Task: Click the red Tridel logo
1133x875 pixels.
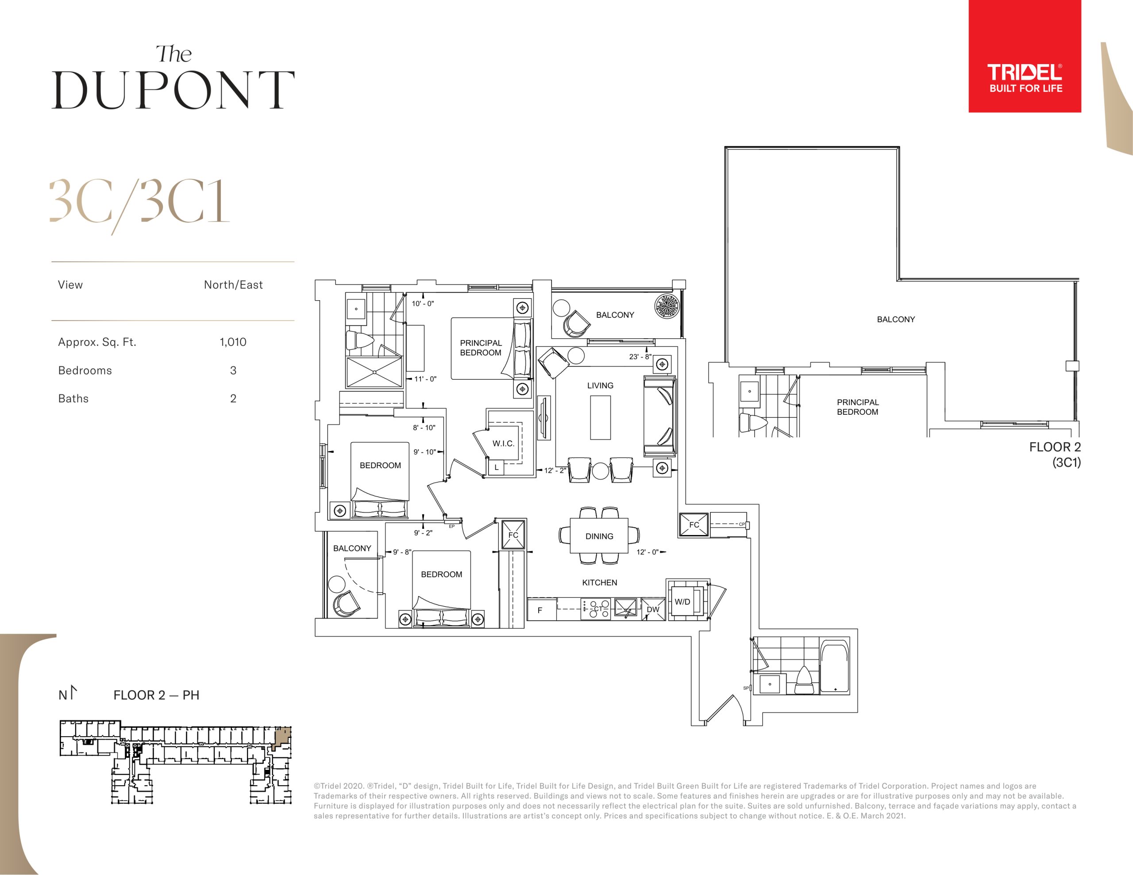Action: tap(1025, 56)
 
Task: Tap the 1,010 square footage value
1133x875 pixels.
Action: tap(233, 342)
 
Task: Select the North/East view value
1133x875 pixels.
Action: tap(233, 285)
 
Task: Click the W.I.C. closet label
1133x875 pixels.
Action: tap(503, 444)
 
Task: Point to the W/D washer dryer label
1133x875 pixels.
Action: tap(682, 602)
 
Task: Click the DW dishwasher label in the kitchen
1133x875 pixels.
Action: tap(653, 610)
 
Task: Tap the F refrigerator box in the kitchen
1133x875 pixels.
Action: tap(542, 610)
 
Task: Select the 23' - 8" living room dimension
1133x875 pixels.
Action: tap(640, 357)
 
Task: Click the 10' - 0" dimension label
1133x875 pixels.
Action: tap(422, 304)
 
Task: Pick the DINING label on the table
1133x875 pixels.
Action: tap(599, 536)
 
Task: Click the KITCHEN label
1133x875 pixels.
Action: tap(599, 583)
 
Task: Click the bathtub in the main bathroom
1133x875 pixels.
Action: tap(835, 667)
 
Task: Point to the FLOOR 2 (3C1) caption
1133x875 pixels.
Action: tap(1055, 455)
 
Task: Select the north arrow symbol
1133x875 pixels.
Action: tap(73, 692)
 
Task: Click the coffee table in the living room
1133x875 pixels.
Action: tap(600, 418)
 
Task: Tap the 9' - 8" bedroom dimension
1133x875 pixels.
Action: tap(401, 552)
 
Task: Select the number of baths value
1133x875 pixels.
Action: tap(233, 399)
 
